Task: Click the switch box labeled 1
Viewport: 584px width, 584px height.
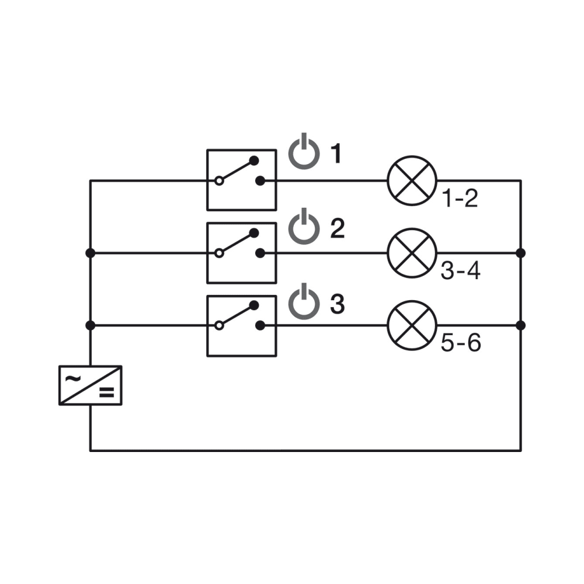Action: coord(242,179)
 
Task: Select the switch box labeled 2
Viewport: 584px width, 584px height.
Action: coord(242,252)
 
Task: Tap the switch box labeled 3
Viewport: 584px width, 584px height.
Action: coord(242,325)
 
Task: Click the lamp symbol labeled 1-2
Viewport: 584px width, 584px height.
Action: coord(412,180)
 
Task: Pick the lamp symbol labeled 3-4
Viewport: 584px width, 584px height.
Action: coord(412,253)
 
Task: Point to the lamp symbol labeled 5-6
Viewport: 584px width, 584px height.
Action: coord(412,325)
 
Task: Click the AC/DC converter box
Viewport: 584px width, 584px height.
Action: coord(91,385)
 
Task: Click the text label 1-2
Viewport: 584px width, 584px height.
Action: coord(460,200)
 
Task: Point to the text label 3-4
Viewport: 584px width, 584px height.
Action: coord(460,272)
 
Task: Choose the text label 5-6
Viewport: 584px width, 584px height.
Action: coord(460,344)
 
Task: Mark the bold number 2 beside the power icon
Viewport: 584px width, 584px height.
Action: coord(337,229)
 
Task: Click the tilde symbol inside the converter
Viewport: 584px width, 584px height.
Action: coord(73,378)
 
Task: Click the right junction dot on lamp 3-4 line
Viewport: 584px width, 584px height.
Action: coord(520,253)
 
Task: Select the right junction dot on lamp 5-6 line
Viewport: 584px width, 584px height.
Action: coord(520,325)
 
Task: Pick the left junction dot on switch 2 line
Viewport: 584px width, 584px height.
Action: coord(91,253)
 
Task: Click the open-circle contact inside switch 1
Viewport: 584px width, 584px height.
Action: coord(219,181)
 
